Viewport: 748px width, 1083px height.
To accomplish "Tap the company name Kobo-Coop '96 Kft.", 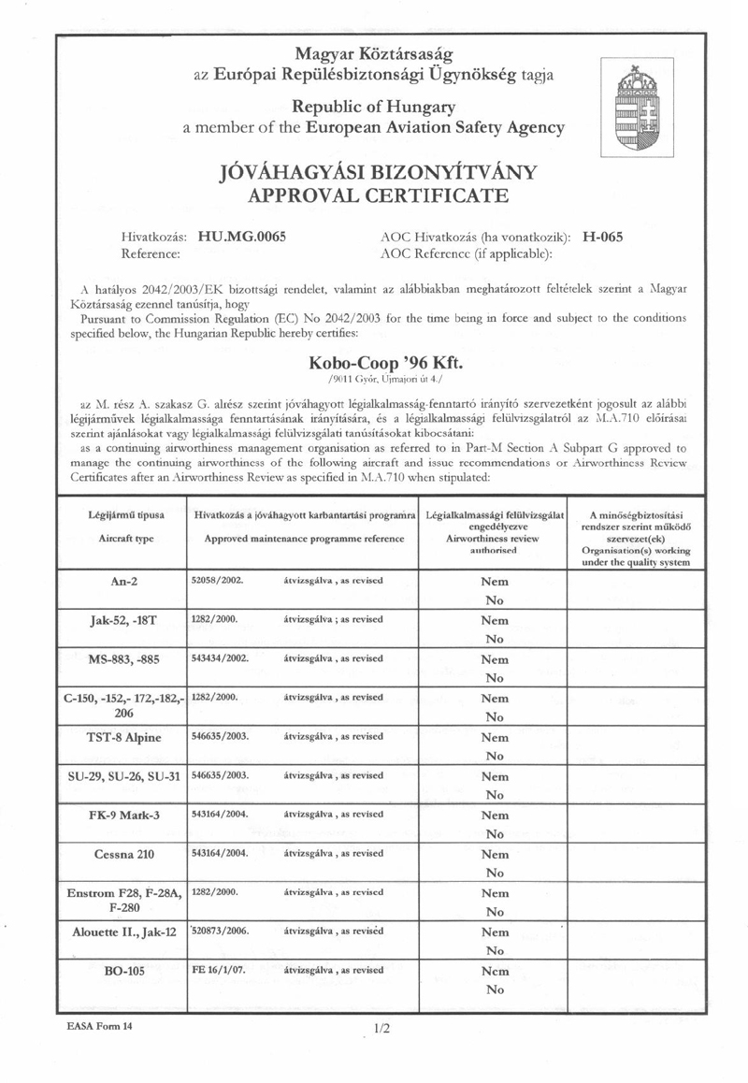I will pyautogui.click(x=373, y=363).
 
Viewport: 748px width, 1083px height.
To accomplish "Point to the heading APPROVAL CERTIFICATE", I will pyautogui.click(x=374, y=195).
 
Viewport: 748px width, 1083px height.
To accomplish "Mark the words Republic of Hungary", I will pyautogui.click(x=373, y=107).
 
